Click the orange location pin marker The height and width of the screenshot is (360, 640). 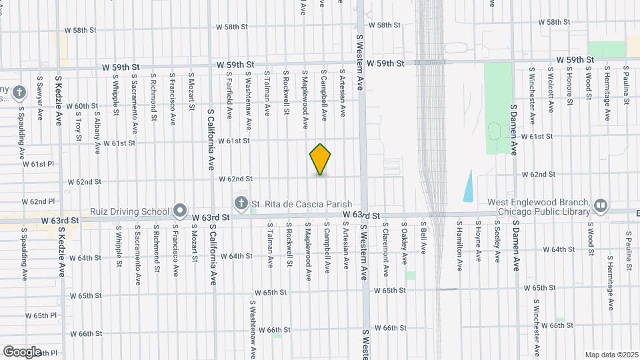tap(321, 159)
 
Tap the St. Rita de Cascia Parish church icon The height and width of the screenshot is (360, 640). tap(241, 203)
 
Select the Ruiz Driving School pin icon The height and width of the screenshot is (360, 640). tap(179, 211)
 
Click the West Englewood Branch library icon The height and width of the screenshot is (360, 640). tap(600, 205)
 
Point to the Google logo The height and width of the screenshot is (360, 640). tap(22, 351)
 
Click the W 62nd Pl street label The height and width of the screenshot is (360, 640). tap(38, 201)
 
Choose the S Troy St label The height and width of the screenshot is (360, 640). tap(79, 127)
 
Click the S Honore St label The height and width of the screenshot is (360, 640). tap(570, 86)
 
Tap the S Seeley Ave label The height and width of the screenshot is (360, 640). tap(497, 243)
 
